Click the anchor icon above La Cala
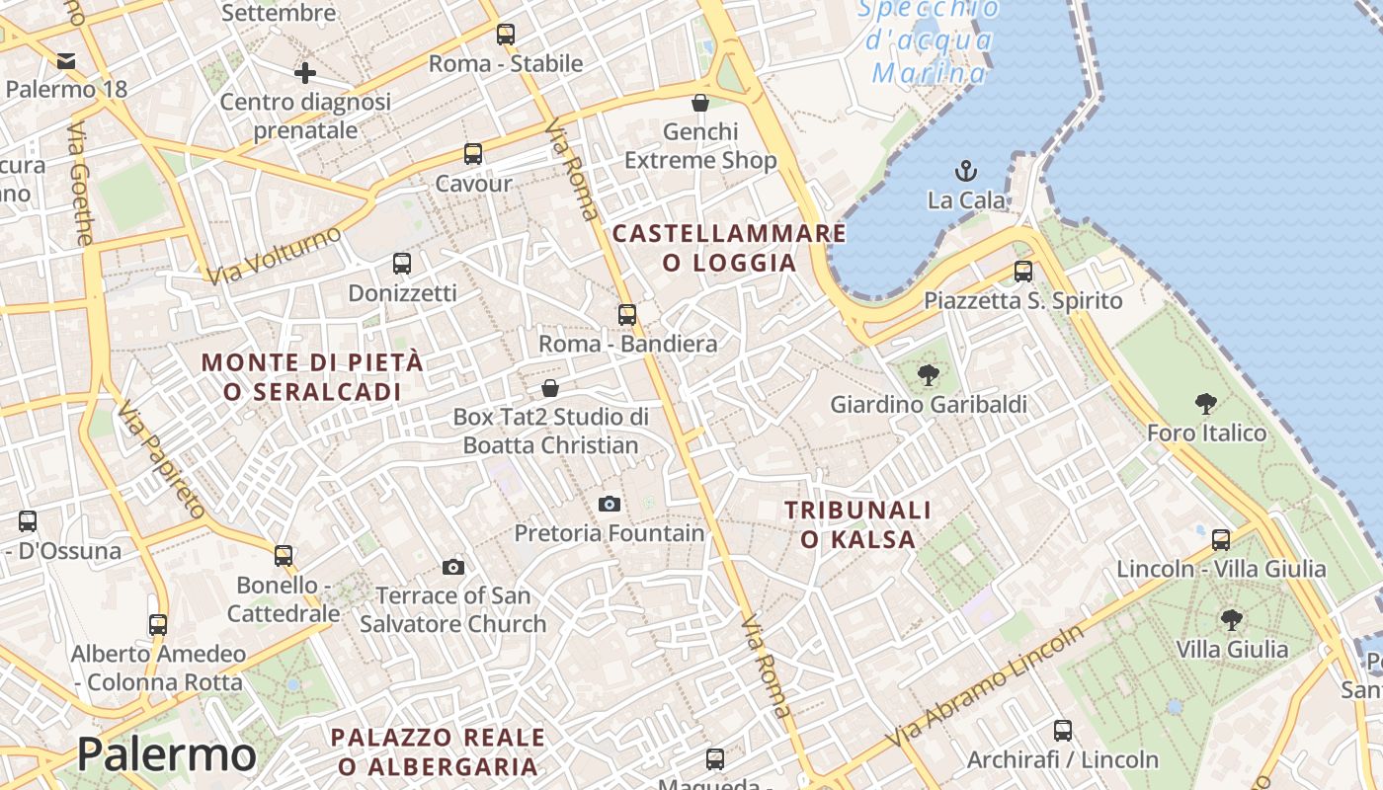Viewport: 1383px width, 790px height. (966, 171)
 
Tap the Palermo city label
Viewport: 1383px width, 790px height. (167, 755)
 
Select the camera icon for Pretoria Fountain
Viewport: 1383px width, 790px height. (610, 505)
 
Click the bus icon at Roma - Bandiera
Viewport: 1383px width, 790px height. (627, 315)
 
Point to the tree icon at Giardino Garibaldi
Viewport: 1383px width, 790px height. (928, 375)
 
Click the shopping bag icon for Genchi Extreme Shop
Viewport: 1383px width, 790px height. (700, 103)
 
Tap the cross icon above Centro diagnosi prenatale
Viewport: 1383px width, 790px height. (305, 73)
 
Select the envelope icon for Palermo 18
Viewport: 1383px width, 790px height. (66, 61)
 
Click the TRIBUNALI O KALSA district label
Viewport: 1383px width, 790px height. (857, 524)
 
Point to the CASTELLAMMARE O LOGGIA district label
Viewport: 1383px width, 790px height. (729, 248)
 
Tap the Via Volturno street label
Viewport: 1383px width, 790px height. (275, 255)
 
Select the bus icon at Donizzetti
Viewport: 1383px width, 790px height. (402, 264)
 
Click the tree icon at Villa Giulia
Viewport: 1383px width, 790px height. (1231, 620)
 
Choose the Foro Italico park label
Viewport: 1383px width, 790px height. (1206, 433)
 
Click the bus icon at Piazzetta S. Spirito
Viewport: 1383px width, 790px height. (1023, 271)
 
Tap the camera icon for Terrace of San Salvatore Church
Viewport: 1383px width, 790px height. (453, 567)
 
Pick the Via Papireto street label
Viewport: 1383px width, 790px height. (161, 460)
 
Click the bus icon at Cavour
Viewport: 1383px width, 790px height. (473, 154)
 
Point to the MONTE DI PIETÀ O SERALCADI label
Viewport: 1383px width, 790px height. (312, 376)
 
